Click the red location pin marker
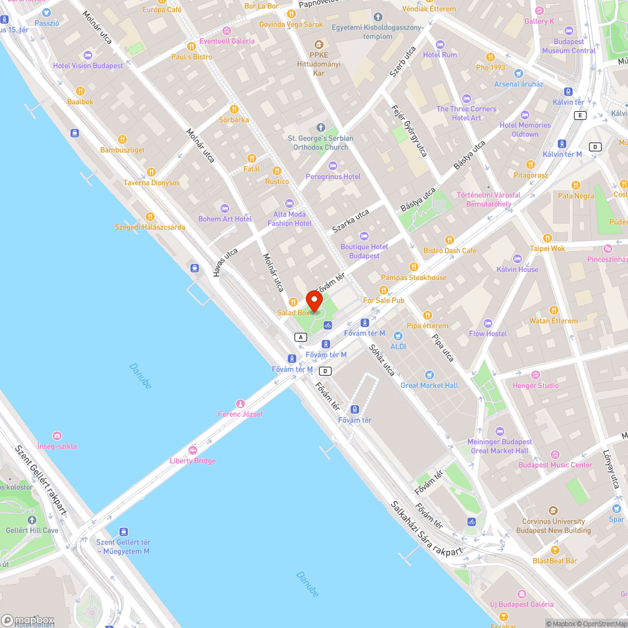click(x=314, y=300)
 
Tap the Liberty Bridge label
click(x=192, y=461)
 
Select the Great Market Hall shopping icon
click(x=429, y=375)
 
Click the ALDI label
click(x=398, y=347)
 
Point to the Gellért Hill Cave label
click(x=33, y=531)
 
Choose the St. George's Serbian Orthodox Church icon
click(x=320, y=128)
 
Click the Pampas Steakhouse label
click(x=414, y=278)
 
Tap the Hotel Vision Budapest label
click(x=88, y=66)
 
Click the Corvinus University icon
click(x=553, y=511)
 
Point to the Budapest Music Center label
click(x=555, y=465)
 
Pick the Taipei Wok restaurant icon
click(x=547, y=238)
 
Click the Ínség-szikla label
click(x=57, y=447)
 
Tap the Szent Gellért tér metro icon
click(x=123, y=531)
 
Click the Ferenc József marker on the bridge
click(x=240, y=403)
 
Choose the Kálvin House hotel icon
click(x=517, y=259)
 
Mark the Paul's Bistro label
click(x=192, y=57)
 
